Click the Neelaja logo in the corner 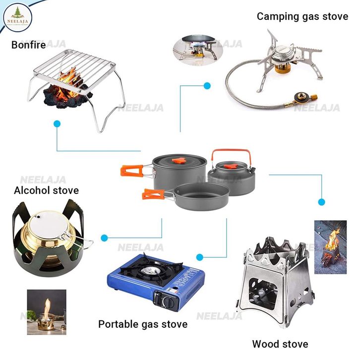coord(17,18)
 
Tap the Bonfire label coord(29,45)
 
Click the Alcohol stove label coord(46,190)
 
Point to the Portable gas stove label coord(143,324)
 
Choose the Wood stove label coord(280,344)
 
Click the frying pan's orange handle coord(152,194)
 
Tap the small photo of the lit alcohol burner coord(46,312)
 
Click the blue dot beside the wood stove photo coord(321,202)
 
